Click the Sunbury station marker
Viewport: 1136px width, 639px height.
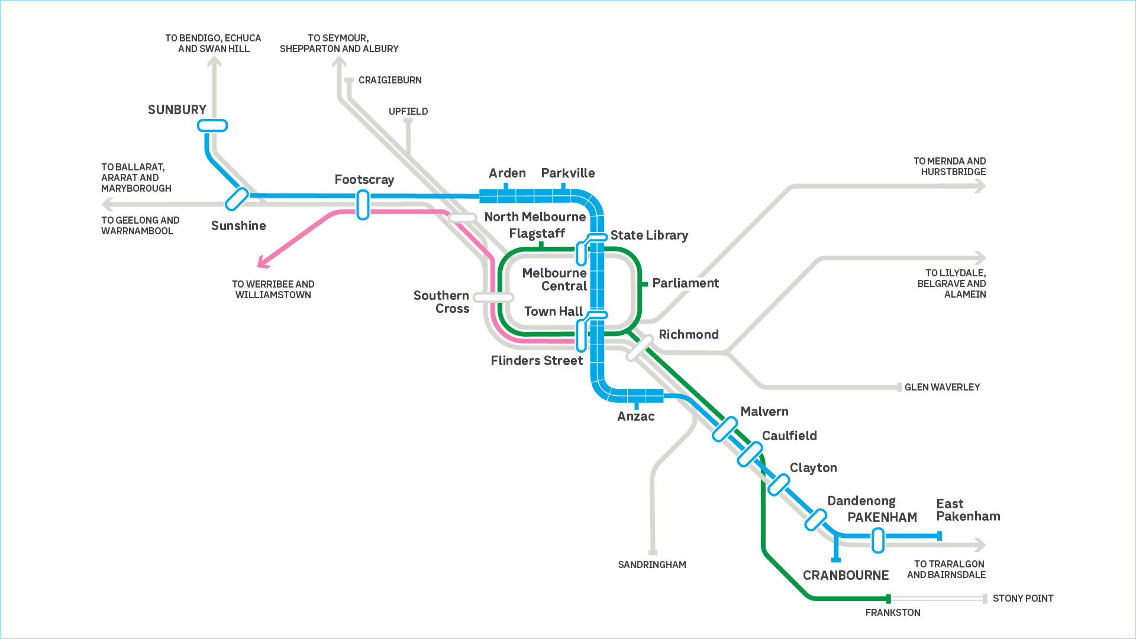pyautogui.click(x=212, y=125)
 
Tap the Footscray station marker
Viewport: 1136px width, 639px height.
pyautogui.click(x=363, y=205)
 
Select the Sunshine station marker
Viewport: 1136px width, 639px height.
pyautogui.click(x=237, y=199)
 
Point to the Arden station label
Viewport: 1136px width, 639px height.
pyautogui.click(x=507, y=173)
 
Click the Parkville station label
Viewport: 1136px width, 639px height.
pyautogui.click(x=567, y=173)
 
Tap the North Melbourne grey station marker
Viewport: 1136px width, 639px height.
pyautogui.click(x=463, y=218)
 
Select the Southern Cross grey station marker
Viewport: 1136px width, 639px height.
pyautogui.click(x=493, y=297)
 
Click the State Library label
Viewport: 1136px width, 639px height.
pyautogui.click(x=649, y=235)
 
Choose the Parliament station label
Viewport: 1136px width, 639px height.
pyautogui.click(x=685, y=283)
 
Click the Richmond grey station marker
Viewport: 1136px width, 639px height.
pyautogui.click(x=640, y=348)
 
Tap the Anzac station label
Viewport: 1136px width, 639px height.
pyautogui.click(x=635, y=417)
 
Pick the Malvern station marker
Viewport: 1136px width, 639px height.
pyautogui.click(x=725, y=430)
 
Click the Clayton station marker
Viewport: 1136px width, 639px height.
pyautogui.click(x=779, y=485)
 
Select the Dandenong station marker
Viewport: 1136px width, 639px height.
pyautogui.click(x=815, y=519)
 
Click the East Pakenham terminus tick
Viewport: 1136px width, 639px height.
pyautogui.click(x=940, y=536)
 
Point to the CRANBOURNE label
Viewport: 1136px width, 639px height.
pyautogui.click(x=845, y=576)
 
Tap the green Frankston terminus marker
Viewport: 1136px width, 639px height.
pyautogui.click(x=888, y=599)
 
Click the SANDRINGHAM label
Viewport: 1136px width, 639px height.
pyautogui.click(x=652, y=565)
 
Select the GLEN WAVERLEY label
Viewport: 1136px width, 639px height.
pyautogui.click(x=942, y=388)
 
